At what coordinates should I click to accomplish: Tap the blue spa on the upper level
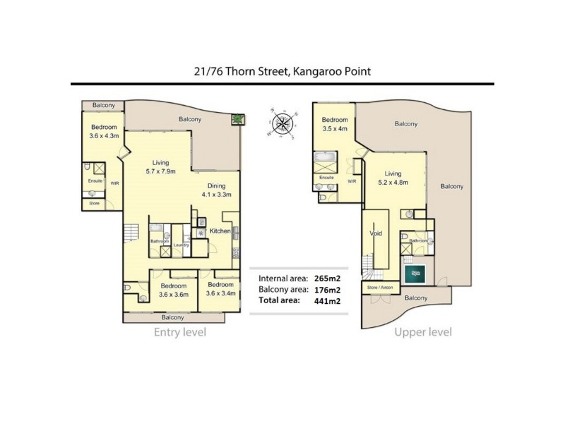tap(415, 271)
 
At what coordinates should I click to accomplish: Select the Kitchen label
tap(220, 231)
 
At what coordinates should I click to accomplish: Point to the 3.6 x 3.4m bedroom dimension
tap(220, 294)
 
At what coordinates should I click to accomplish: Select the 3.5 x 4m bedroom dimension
tap(335, 130)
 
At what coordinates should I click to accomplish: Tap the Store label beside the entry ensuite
tap(94, 204)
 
